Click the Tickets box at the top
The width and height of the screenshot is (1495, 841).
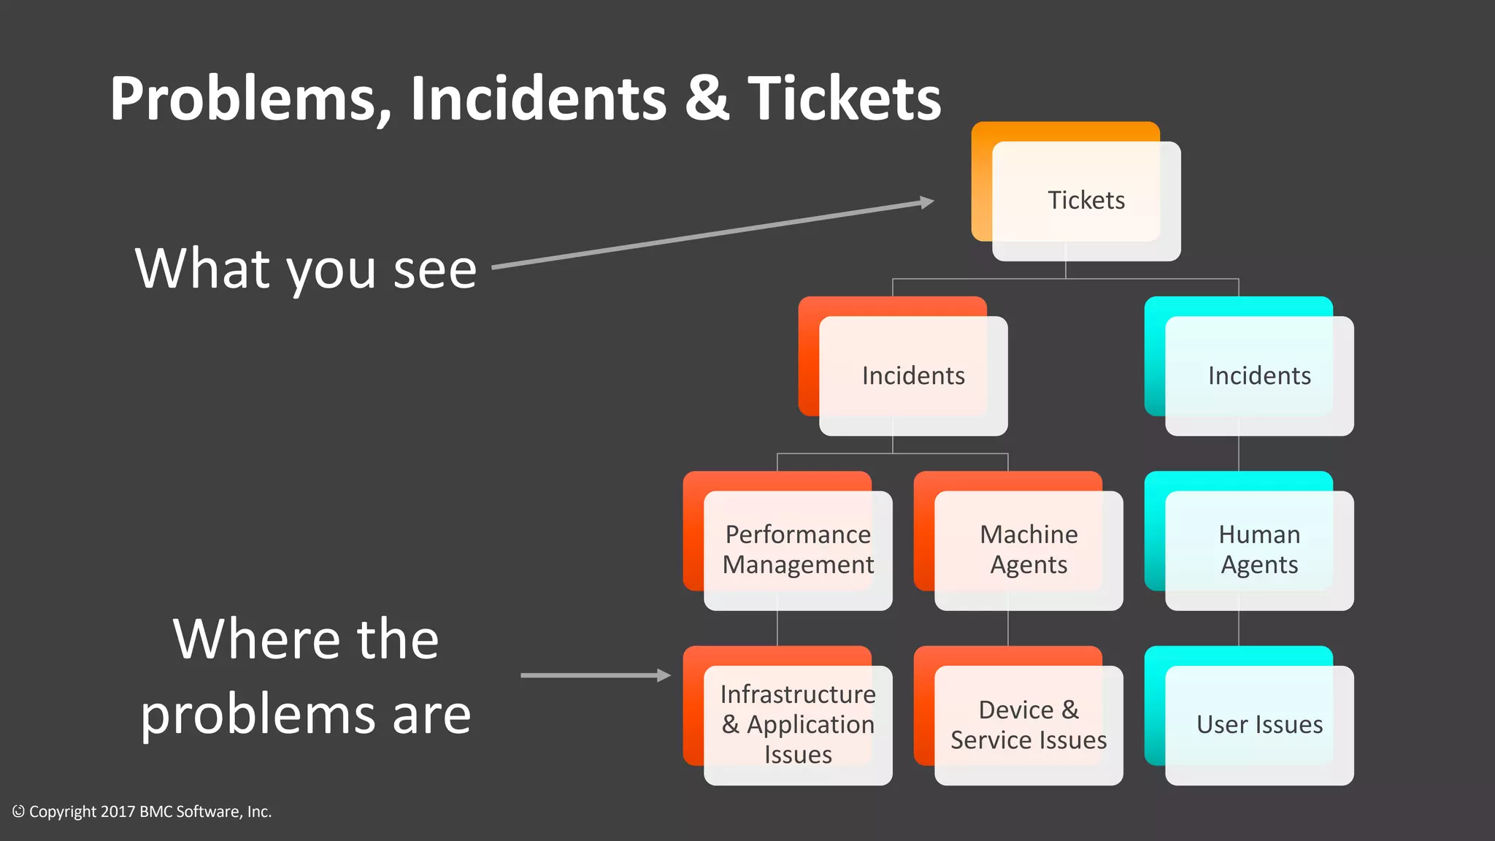click(1085, 200)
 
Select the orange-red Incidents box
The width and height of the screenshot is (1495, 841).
click(912, 375)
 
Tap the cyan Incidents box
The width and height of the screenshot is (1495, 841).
click(1258, 375)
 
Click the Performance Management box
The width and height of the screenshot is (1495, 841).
click(797, 550)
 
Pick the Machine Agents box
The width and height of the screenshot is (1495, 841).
click(1028, 550)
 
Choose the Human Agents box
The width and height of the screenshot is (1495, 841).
click(1258, 550)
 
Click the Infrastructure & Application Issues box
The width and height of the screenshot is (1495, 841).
click(797, 724)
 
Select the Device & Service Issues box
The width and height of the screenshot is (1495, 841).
click(1028, 724)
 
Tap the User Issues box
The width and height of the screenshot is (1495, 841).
click(1258, 724)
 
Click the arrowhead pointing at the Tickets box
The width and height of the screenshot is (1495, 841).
click(927, 202)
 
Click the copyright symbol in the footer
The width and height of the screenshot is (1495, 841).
click(18, 811)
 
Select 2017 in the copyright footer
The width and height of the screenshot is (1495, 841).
click(118, 812)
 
